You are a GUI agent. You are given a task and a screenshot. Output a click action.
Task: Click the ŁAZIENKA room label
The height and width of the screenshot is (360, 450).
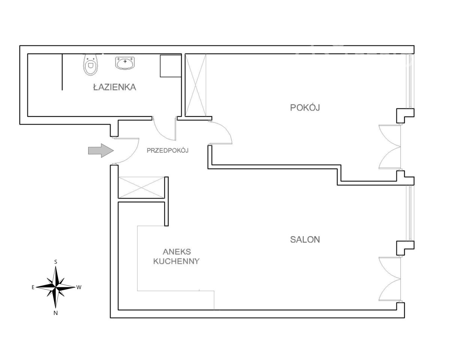pyautogui.click(x=114, y=88)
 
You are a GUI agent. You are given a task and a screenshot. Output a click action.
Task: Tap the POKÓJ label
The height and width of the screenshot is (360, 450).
pyautogui.click(x=305, y=108)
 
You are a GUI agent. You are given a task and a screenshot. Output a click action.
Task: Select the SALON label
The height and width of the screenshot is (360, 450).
pyautogui.click(x=305, y=240)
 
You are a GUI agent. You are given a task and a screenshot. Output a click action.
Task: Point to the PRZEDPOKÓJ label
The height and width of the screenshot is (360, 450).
pyautogui.click(x=167, y=151)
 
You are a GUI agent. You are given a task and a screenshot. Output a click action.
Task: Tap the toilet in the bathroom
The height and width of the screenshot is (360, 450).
pyautogui.click(x=90, y=64)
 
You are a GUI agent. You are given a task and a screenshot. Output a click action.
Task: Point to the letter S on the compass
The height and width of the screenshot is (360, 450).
pyautogui.click(x=56, y=262)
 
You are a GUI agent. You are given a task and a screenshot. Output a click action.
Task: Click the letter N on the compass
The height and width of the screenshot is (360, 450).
pyautogui.click(x=55, y=313)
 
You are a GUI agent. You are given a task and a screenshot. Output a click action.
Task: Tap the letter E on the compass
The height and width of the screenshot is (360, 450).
pyautogui.click(x=33, y=288)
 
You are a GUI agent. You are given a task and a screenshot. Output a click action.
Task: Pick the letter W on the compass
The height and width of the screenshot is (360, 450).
pyautogui.click(x=79, y=288)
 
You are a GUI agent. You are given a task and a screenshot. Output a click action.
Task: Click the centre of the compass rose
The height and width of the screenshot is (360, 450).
pyautogui.click(x=55, y=287)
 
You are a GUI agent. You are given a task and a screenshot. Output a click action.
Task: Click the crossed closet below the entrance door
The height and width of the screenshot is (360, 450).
pyautogui.click(x=141, y=186)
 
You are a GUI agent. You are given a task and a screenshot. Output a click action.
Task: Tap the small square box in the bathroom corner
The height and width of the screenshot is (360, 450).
pyautogui.click(x=170, y=66)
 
